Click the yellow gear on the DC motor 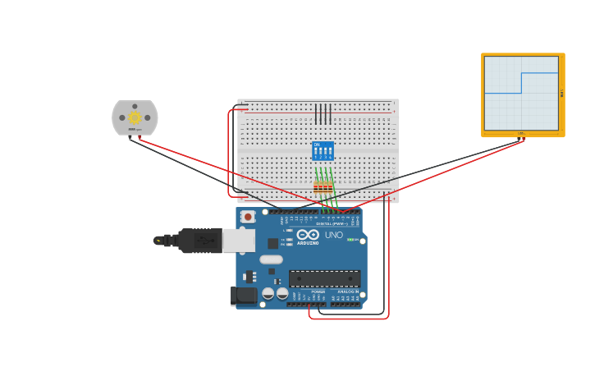pos(135,117)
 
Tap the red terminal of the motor pos(140,138)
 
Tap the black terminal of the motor pos(130,138)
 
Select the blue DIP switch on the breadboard pos(323,151)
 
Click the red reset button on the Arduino pos(248,217)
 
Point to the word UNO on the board pos(334,235)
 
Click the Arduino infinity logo pos(308,235)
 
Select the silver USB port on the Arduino pos(238,240)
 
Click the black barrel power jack pos(243,296)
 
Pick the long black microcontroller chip pos(324,278)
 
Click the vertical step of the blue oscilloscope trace pos(521,83)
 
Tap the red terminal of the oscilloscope pos(524,138)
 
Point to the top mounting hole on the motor pos(135,106)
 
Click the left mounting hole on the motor pos(122,117)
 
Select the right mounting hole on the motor pos(148,117)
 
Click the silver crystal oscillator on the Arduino pos(271,259)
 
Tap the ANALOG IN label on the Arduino pos(348,292)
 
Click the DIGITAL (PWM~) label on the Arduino pos(331,223)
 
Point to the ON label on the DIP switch pos(317,145)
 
